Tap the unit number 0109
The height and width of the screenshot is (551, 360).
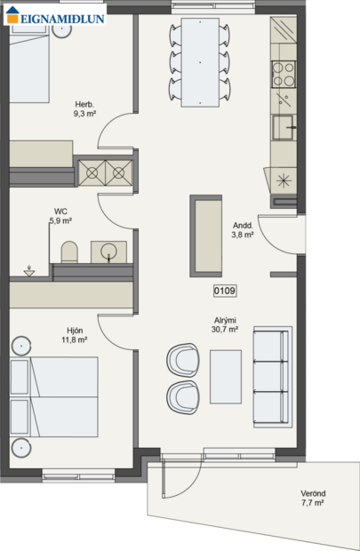[225, 290]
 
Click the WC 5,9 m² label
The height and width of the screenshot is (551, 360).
[60, 216]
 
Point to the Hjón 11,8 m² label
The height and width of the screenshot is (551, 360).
[75, 335]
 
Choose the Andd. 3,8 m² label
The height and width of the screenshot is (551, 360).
[244, 230]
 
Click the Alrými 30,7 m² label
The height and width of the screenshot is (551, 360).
[224, 324]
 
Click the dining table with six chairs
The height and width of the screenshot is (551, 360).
[200, 62]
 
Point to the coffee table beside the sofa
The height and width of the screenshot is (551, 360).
[225, 374]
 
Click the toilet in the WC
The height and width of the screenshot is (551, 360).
[70, 252]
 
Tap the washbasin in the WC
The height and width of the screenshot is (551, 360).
[108, 251]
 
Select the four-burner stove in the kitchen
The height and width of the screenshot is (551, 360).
[284, 69]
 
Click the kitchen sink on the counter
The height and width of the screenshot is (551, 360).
[284, 127]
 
